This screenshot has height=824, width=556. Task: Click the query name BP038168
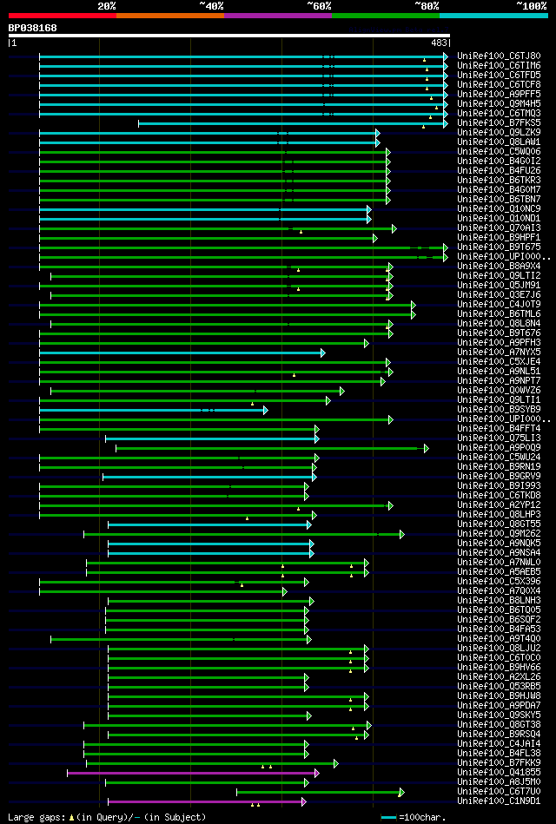pyautogui.click(x=33, y=28)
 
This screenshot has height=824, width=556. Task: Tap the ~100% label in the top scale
pyautogui.click(x=530, y=5)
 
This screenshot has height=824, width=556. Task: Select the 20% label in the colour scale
pyautogui.click(x=107, y=5)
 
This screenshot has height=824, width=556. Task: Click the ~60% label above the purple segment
pyautogui.click(x=319, y=5)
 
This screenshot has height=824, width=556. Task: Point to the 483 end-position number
pyautogui.click(x=439, y=42)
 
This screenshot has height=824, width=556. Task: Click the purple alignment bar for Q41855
pyautogui.click(x=191, y=772)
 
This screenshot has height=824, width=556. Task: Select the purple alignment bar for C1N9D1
pyautogui.click(x=205, y=801)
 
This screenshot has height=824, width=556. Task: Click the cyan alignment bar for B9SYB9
pyautogui.click(x=152, y=409)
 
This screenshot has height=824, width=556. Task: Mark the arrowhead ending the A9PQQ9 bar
pyautogui.click(x=427, y=448)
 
